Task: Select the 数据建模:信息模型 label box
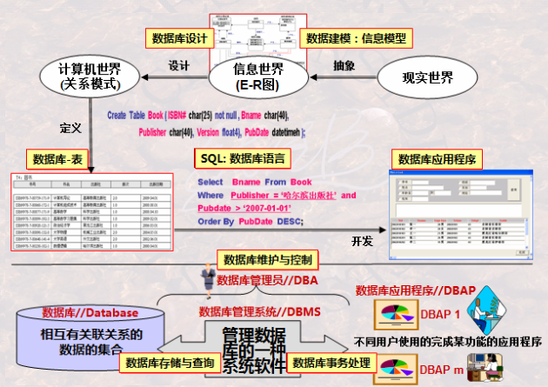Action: point(357,38)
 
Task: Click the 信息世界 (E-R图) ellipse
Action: point(259,77)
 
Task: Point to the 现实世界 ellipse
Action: point(428,77)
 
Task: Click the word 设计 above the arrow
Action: point(179,65)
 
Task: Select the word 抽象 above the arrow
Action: point(344,65)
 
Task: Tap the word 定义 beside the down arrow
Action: point(70,127)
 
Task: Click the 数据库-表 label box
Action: point(58,159)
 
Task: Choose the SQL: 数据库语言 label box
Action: point(242,159)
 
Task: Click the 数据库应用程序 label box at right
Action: point(434,158)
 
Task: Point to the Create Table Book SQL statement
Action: point(209,123)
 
